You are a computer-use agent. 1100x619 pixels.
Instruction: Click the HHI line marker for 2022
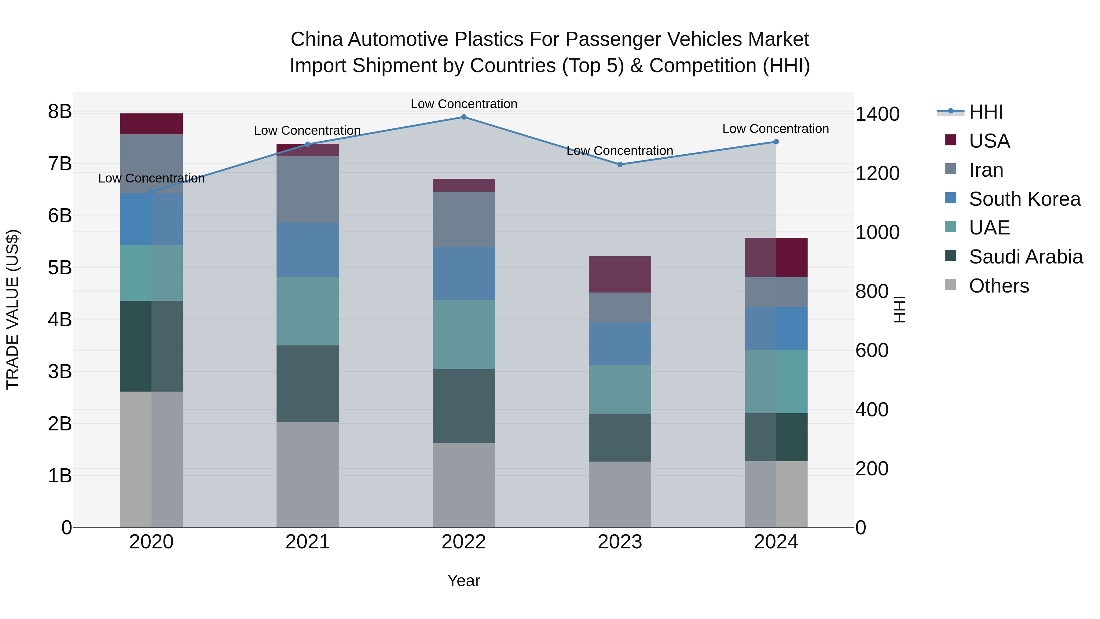tap(464, 117)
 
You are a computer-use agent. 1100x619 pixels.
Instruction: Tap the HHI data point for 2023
tap(620, 164)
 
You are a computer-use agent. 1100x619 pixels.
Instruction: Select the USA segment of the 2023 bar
tap(620, 274)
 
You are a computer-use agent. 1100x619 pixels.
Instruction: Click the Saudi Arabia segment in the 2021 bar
tap(307, 383)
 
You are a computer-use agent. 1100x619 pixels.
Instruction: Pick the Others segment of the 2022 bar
tap(464, 485)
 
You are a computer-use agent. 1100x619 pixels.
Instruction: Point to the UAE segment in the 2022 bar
tap(464, 334)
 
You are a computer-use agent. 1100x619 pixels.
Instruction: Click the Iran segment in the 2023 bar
tap(620, 308)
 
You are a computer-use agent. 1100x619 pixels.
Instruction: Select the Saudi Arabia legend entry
tap(1026, 257)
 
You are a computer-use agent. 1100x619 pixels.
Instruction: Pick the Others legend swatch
tap(951, 285)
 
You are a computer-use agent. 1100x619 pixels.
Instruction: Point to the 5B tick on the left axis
tap(60, 268)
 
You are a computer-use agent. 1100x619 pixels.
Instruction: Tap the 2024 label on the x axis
tap(776, 542)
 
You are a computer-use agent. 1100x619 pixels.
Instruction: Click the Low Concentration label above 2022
tap(464, 104)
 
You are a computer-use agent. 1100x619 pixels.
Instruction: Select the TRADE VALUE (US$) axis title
tap(13, 309)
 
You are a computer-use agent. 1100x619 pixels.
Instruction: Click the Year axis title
tap(464, 580)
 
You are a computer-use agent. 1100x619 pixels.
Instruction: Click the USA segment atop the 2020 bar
tap(151, 124)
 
